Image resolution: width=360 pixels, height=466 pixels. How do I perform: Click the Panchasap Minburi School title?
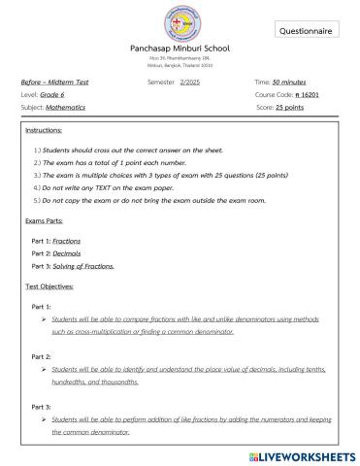pos(180,48)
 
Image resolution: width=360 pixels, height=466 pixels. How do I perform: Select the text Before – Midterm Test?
pos(54,83)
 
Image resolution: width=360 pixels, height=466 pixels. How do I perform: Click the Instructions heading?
pos(45,130)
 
